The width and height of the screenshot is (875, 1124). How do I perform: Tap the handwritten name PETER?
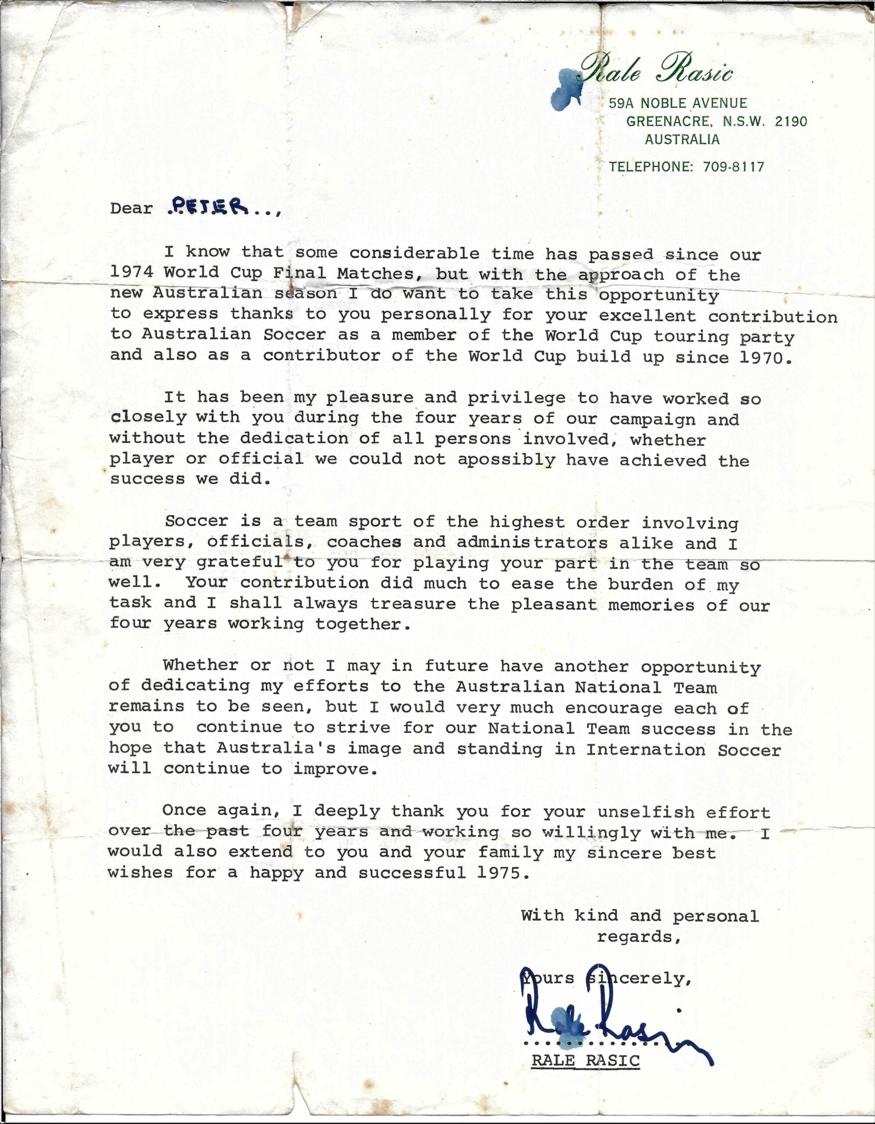[x=208, y=207]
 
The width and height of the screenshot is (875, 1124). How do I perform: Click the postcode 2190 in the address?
[x=791, y=122]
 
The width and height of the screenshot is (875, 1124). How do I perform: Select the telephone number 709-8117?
[x=734, y=167]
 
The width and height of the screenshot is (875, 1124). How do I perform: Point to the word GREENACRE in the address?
[x=669, y=122]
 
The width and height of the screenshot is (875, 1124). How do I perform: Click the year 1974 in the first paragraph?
[x=131, y=272]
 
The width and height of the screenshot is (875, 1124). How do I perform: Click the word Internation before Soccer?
[x=646, y=750]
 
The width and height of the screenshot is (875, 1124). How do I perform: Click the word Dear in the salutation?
[x=131, y=209]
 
